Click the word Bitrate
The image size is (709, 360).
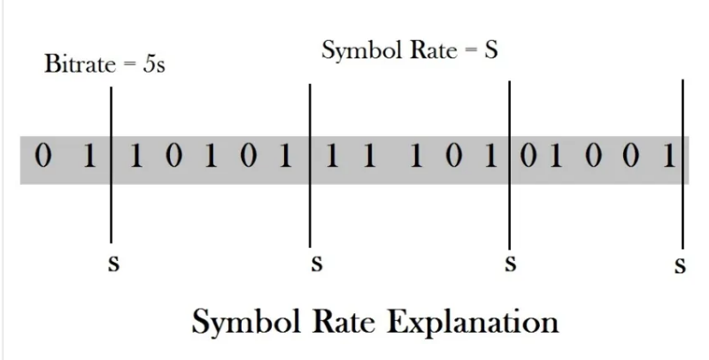click(x=80, y=64)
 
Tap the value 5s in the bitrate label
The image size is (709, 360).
click(x=154, y=65)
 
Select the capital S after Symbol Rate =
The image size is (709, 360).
click(x=491, y=50)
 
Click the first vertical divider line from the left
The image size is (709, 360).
click(x=112, y=165)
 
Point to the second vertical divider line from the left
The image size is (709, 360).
click(x=310, y=165)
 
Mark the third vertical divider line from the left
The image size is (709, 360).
click(x=510, y=165)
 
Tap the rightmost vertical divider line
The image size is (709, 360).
click(x=682, y=164)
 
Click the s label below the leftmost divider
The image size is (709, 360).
click(x=114, y=264)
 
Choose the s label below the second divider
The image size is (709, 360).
click(x=317, y=264)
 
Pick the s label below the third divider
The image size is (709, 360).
click(x=511, y=264)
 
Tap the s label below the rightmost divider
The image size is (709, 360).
click(x=680, y=265)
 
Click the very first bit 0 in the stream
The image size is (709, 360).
click(x=43, y=156)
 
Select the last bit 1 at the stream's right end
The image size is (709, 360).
click(x=669, y=157)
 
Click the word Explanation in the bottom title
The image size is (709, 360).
click(x=473, y=323)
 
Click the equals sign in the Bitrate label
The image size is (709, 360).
click(x=129, y=65)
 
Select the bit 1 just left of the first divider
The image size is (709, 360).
click(x=89, y=157)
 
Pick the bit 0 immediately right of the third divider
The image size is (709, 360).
click(x=528, y=157)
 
